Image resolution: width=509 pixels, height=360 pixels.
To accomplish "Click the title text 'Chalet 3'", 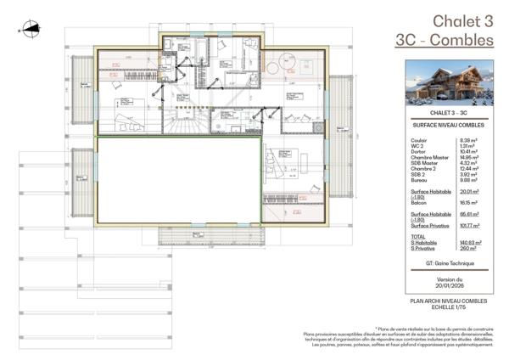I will coord(462,20).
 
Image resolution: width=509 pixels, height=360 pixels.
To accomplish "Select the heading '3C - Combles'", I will coord(445,39).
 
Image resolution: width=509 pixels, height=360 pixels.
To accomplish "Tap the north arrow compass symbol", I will coord(31,28).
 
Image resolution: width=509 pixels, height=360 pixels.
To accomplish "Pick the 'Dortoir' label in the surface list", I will coord(418,151).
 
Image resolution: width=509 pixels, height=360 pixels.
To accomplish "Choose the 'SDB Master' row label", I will coord(422,162).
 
